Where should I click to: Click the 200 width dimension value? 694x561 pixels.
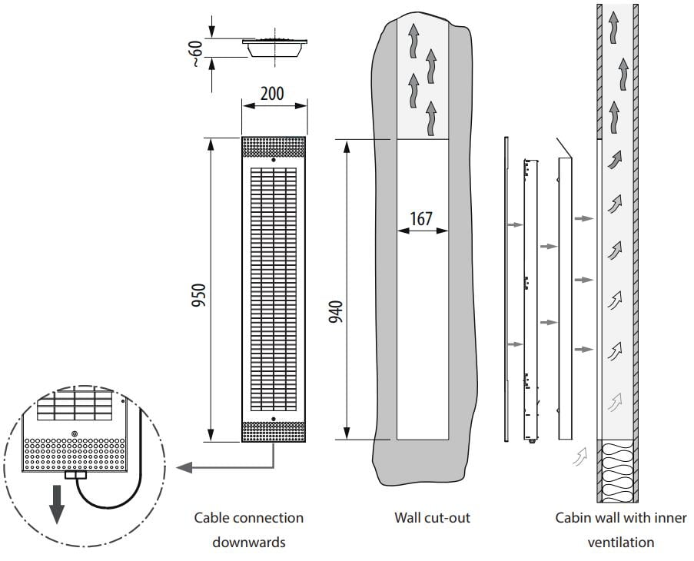click(x=271, y=94)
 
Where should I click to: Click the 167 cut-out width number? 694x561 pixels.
click(x=420, y=218)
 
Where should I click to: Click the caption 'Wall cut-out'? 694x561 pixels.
click(x=432, y=518)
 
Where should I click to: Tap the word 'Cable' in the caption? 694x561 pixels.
click(x=211, y=518)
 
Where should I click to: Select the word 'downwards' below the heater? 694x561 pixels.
click(x=248, y=543)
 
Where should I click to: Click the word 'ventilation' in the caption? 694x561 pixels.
click(x=621, y=543)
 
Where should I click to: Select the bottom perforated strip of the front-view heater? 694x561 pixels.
click(x=274, y=432)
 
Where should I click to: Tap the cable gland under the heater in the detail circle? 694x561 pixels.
click(x=76, y=476)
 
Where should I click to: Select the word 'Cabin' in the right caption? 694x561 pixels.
click(x=573, y=518)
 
